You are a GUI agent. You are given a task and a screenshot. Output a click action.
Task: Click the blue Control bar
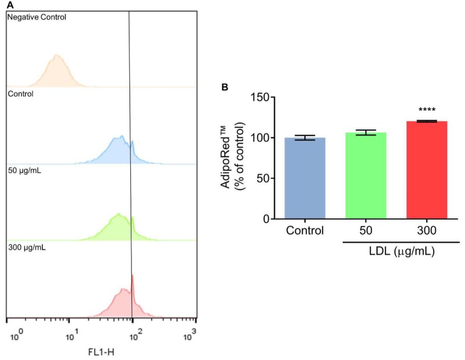305,178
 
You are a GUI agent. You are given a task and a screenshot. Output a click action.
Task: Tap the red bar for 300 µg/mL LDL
426,170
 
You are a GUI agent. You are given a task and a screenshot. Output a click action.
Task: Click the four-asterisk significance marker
427,110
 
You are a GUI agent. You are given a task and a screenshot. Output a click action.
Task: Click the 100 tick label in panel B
261,138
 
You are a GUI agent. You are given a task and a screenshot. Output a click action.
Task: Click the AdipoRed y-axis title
232,157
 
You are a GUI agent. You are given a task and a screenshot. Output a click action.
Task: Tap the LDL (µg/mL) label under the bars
401,251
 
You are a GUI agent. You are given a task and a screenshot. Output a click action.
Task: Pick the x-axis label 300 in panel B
426,230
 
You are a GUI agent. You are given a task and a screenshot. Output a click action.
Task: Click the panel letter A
10,5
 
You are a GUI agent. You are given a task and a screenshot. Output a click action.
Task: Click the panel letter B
225,87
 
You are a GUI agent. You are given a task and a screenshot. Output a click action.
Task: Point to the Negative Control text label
37,17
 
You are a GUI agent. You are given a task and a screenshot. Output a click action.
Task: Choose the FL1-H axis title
101,352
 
